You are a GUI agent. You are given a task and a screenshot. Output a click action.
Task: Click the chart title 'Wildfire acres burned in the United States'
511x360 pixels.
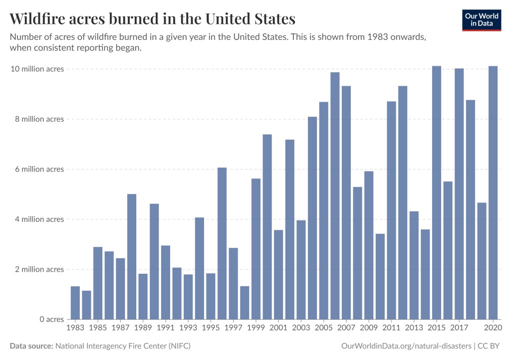(152, 19)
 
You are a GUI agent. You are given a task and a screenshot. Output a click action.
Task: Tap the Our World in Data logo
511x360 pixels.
(482, 19)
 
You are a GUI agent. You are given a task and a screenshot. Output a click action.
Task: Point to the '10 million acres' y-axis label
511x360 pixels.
(37, 69)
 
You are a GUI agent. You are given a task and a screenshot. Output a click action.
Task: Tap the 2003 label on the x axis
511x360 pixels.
(301, 328)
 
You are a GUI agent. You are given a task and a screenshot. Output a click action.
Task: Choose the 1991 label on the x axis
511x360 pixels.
(166, 328)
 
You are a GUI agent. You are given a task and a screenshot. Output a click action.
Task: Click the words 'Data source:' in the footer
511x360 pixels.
(31, 346)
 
